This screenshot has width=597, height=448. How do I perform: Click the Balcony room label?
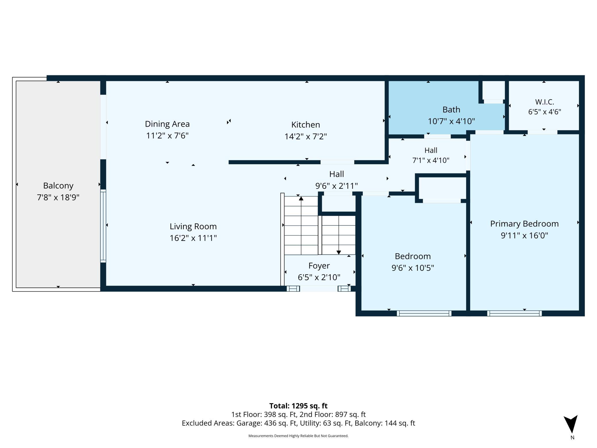pos(58,186)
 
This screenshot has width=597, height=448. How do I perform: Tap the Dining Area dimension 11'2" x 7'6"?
pos(167,135)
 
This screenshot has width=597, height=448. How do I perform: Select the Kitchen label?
pos(306,125)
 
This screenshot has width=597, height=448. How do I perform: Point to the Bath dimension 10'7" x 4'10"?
pos(451,121)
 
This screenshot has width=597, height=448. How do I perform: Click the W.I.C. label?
pos(544,102)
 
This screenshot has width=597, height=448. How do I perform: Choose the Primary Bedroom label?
pos(524,224)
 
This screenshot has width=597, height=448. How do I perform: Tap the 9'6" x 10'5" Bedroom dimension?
pos(413,268)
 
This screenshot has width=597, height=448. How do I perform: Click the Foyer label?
pos(319,266)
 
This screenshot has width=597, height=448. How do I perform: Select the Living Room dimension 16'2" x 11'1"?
pos(193,238)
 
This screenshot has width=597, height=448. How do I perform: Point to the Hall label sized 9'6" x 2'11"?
pos(337,174)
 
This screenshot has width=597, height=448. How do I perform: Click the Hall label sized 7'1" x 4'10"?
pos(431,150)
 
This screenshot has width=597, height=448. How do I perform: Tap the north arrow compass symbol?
pos(571,424)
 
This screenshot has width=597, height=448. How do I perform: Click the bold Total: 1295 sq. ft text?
pos(298,406)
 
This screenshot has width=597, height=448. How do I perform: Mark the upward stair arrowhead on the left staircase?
pos(301,198)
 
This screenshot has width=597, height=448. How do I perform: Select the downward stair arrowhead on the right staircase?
pos(339,252)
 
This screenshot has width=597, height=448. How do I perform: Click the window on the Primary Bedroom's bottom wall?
pos(514,313)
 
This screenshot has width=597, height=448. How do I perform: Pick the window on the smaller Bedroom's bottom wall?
pos(424,313)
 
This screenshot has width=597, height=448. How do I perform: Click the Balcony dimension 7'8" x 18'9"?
pos(58,198)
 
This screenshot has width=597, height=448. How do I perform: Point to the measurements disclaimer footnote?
pos(298,436)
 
